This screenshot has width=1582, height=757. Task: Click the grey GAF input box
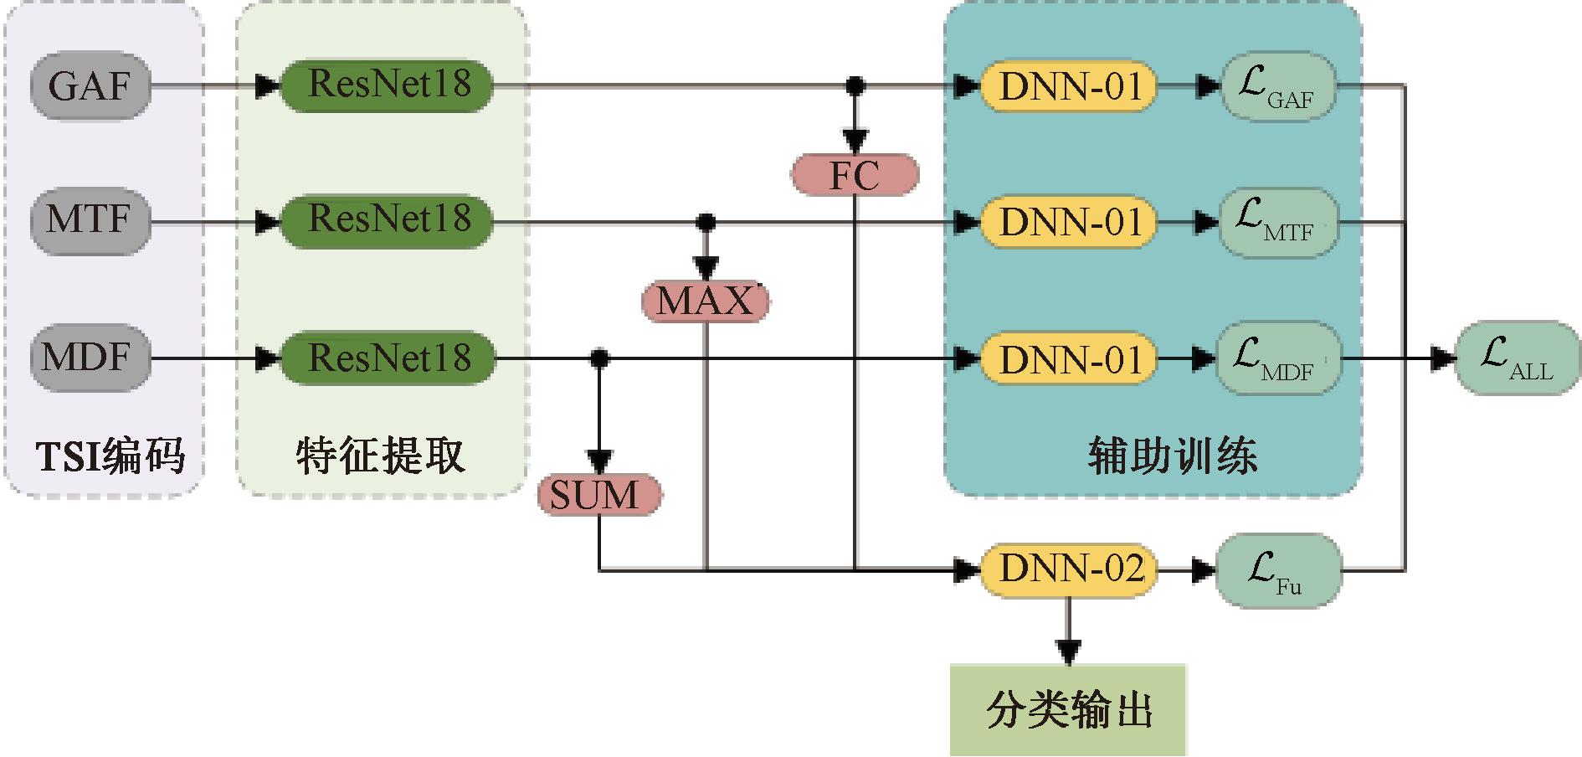tap(90, 85)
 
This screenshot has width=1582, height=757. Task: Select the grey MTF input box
tap(90, 221)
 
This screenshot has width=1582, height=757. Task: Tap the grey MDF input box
tap(90, 358)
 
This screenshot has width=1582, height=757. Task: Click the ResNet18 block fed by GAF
tap(386, 85)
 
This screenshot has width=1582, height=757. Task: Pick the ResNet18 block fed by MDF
tap(386, 358)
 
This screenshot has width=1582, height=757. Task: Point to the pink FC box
tap(855, 175)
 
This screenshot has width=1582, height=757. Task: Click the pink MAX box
tap(705, 301)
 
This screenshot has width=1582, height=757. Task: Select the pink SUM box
tap(598, 494)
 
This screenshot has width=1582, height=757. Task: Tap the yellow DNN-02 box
tap(1069, 569)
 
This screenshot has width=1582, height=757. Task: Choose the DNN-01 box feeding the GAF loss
tap(1069, 85)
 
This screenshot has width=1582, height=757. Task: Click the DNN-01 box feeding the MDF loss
tap(1069, 359)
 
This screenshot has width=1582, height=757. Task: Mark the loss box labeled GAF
tap(1277, 87)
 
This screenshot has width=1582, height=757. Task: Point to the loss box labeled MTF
tap(1277, 222)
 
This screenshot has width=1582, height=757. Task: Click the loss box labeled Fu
tap(1277, 571)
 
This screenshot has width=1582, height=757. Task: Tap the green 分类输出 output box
tap(1069, 710)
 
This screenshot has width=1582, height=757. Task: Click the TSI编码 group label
tap(110, 457)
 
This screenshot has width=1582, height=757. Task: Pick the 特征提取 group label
tap(381, 457)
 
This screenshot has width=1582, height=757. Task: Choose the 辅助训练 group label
tap(1172, 457)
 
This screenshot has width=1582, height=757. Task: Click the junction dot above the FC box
tap(855, 85)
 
